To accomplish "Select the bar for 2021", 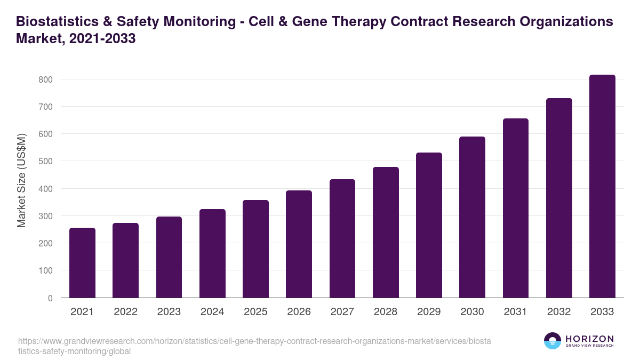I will click(82, 263).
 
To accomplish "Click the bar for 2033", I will click(602, 186).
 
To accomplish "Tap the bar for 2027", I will click(342, 238).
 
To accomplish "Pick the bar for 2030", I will click(472, 217).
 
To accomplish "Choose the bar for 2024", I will click(212, 253).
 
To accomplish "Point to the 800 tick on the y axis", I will click(45, 79).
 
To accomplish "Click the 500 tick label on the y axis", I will click(45, 161).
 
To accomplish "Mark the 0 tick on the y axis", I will click(50, 298).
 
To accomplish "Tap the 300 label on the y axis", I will click(45, 216).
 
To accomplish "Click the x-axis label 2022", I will click(125, 312).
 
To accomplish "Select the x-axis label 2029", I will click(429, 312).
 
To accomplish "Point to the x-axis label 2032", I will click(559, 312).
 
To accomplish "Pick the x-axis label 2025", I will click(255, 312).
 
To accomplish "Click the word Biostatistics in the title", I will click(55, 22).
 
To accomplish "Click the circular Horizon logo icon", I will click(552, 341).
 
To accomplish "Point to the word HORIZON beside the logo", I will click(589, 339).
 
